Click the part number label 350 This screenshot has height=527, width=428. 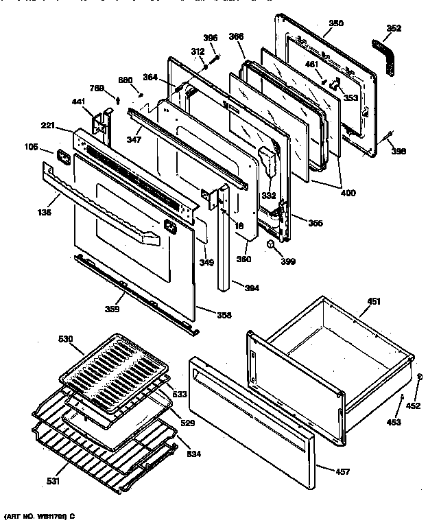coord(335,23)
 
